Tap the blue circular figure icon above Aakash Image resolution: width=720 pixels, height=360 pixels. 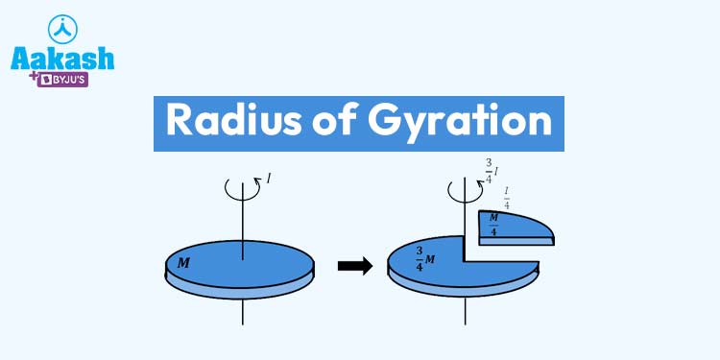[x=61, y=26]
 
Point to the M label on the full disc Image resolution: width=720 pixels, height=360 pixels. [x=183, y=261]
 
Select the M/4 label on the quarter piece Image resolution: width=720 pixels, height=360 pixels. [x=493, y=226]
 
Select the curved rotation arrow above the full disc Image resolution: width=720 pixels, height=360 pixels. [x=244, y=189]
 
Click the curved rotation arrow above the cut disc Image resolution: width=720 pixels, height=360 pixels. [x=464, y=189]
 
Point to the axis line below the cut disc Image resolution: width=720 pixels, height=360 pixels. [x=464, y=312]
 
